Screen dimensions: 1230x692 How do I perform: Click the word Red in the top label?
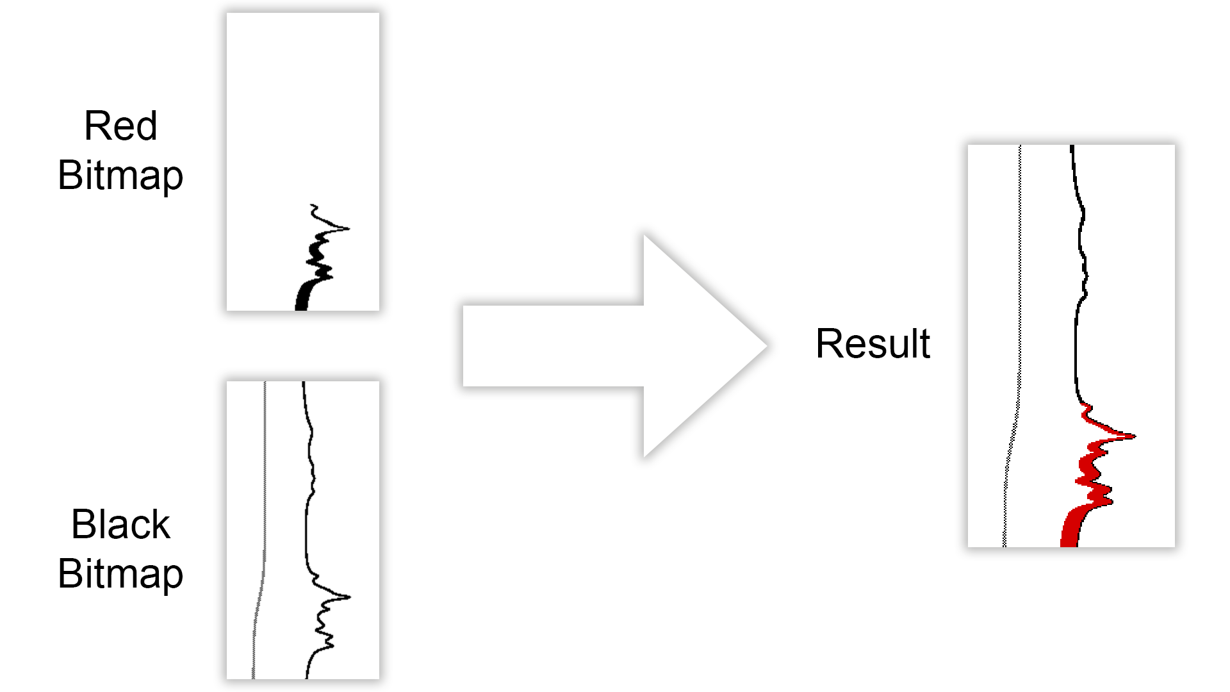point(120,126)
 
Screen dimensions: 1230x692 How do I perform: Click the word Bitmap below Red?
point(120,176)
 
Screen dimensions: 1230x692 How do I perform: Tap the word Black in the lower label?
point(120,524)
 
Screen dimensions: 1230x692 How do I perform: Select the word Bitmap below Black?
point(120,574)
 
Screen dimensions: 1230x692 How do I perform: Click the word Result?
point(873,343)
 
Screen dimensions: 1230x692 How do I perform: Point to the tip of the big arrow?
point(767,346)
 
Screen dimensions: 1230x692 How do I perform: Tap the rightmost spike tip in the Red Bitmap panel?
point(350,228)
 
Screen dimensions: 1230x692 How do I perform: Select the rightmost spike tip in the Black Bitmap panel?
point(350,597)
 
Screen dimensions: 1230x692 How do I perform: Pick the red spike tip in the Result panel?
point(1135,436)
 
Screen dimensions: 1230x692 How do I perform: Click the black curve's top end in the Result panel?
point(1072,146)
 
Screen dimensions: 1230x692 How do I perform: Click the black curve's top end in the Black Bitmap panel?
point(304,383)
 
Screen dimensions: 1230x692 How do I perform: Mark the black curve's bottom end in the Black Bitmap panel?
point(307,678)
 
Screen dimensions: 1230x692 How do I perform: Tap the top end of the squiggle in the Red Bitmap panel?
point(312,206)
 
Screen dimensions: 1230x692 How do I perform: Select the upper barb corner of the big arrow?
point(644,235)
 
